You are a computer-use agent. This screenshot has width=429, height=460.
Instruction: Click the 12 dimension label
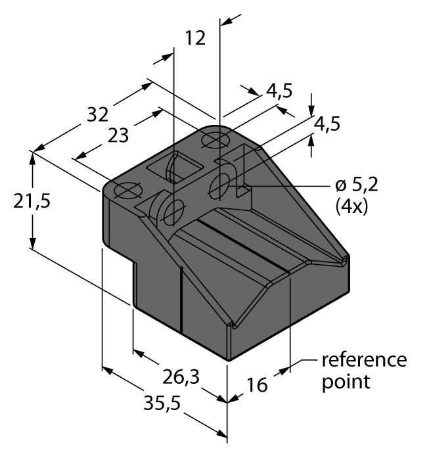pyautogui.click(x=195, y=38)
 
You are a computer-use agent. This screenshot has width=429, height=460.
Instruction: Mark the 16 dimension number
pyautogui.click(x=257, y=384)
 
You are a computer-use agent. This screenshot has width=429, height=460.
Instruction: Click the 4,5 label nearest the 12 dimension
pyautogui.click(x=279, y=91)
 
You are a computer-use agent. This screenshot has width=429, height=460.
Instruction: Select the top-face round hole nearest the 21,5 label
pyautogui.click(x=126, y=191)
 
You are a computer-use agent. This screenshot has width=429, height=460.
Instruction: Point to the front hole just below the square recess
pyautogui.click(x=174, y=211)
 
